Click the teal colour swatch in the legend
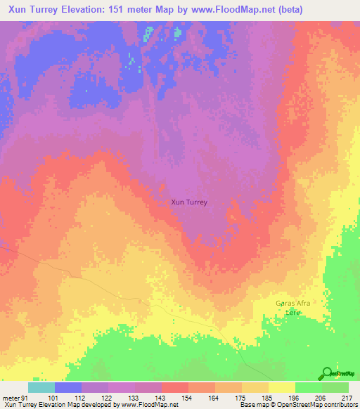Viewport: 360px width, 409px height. pyautogui.click(x=41, y=387)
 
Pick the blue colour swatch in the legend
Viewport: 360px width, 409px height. pyautogui.click(x=68, y=387)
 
